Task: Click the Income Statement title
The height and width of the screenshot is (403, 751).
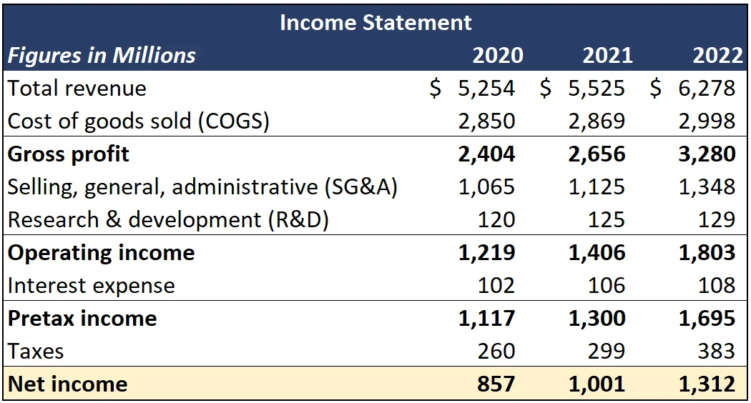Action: tap(375, 22)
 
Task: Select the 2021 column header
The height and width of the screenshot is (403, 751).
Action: tap(607, 55)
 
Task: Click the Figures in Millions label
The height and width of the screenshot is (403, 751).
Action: tap(102, 55)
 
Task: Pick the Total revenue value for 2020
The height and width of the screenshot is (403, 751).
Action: tap(486, 88)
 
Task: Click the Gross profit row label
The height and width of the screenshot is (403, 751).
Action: tap(69, 154)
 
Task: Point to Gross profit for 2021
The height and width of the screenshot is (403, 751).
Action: tap(597, 154)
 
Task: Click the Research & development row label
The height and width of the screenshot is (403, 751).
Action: tap(168, 219)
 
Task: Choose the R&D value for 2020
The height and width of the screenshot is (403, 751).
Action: tap(496, 219)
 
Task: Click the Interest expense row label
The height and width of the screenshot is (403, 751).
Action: tap(91, 285)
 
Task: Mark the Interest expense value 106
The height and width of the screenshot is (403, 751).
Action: tap(606, 285)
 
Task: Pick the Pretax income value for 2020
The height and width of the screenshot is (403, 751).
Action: tap(486, 318)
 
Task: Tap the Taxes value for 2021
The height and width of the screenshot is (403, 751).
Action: tap(606, 351)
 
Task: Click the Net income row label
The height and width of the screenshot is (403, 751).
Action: tap(67, 384)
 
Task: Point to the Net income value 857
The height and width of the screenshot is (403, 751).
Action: tap(496, 384)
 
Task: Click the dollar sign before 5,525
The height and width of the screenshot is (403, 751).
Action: tap(546, 88)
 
